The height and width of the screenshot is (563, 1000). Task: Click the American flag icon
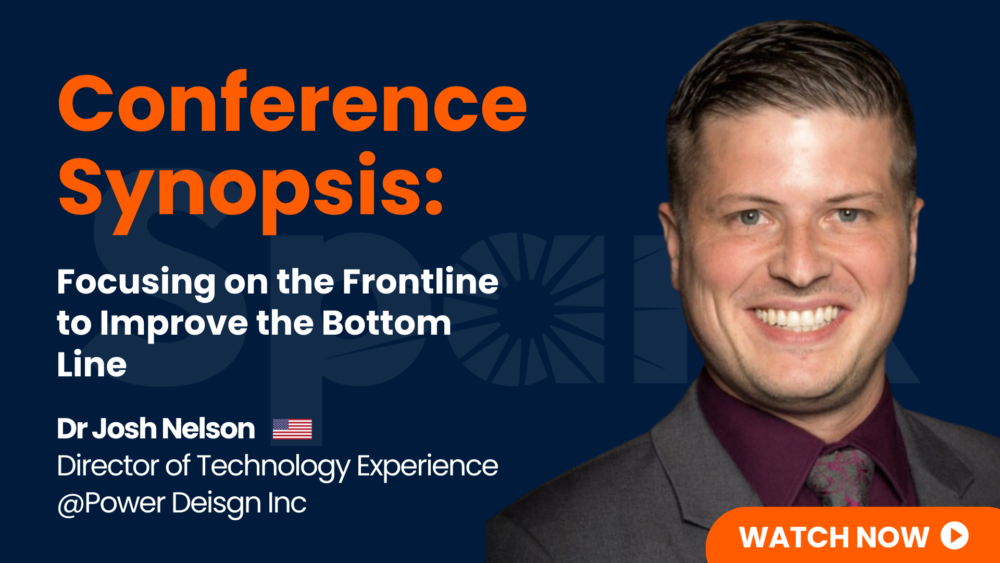[292, 429]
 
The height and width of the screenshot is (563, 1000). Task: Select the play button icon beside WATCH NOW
[955, 535]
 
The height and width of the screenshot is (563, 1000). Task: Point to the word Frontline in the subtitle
[420, 281]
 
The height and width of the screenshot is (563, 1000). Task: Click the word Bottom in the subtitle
[386, 323]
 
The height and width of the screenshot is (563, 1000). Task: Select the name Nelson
[208, 429]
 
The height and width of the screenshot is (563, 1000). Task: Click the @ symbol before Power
[70, 505]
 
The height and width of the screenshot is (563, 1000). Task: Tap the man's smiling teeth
[796, 316]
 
